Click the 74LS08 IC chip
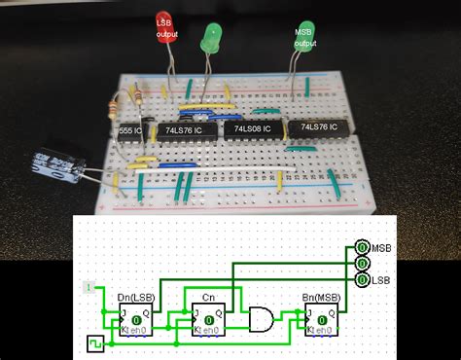click(x=251, y=128)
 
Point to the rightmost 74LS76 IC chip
click(x=318, y=127)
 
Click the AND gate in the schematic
click(x=263, y=316)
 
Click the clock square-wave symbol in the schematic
click(x=95, y=343)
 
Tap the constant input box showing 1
click(x=89, y=287)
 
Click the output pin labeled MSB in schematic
click(x=362, y=248)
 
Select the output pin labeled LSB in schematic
click(x=362, y=279)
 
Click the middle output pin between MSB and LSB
click(x=362, y=264)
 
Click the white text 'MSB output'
click(x=305, y=37)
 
